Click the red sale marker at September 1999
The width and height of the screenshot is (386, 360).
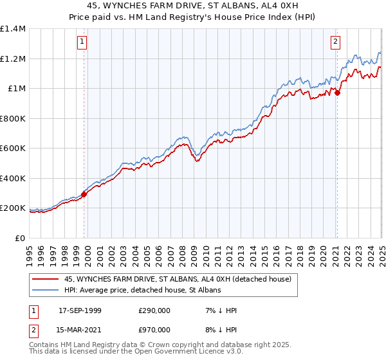click(x=84, y=194)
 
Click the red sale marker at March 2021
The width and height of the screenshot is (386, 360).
click(x=337, y=93)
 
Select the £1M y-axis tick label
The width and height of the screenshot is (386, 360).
click(x=16, y=89)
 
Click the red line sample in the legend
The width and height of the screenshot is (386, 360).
click(x=45, y=279)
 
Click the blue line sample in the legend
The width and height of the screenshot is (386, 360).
click(x=45, y=291)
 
